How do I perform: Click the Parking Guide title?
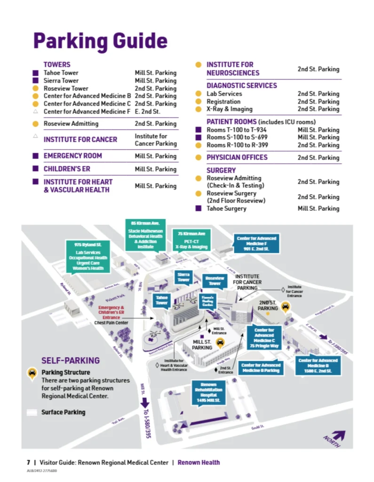tap(100, 41)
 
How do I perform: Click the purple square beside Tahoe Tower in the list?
tap(35, 73)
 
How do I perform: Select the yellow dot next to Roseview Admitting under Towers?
tap(35, 124)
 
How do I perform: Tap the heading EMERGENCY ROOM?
tap(72, 156)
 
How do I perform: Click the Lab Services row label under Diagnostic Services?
tap(224, 94)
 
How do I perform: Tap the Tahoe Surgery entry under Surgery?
tap(226, 209)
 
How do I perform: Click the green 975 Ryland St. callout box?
tap(88, 257)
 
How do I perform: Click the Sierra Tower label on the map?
tap(183, 277)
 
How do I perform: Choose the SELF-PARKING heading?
tap(71, 361)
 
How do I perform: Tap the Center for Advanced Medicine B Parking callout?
tap(261, 368)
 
